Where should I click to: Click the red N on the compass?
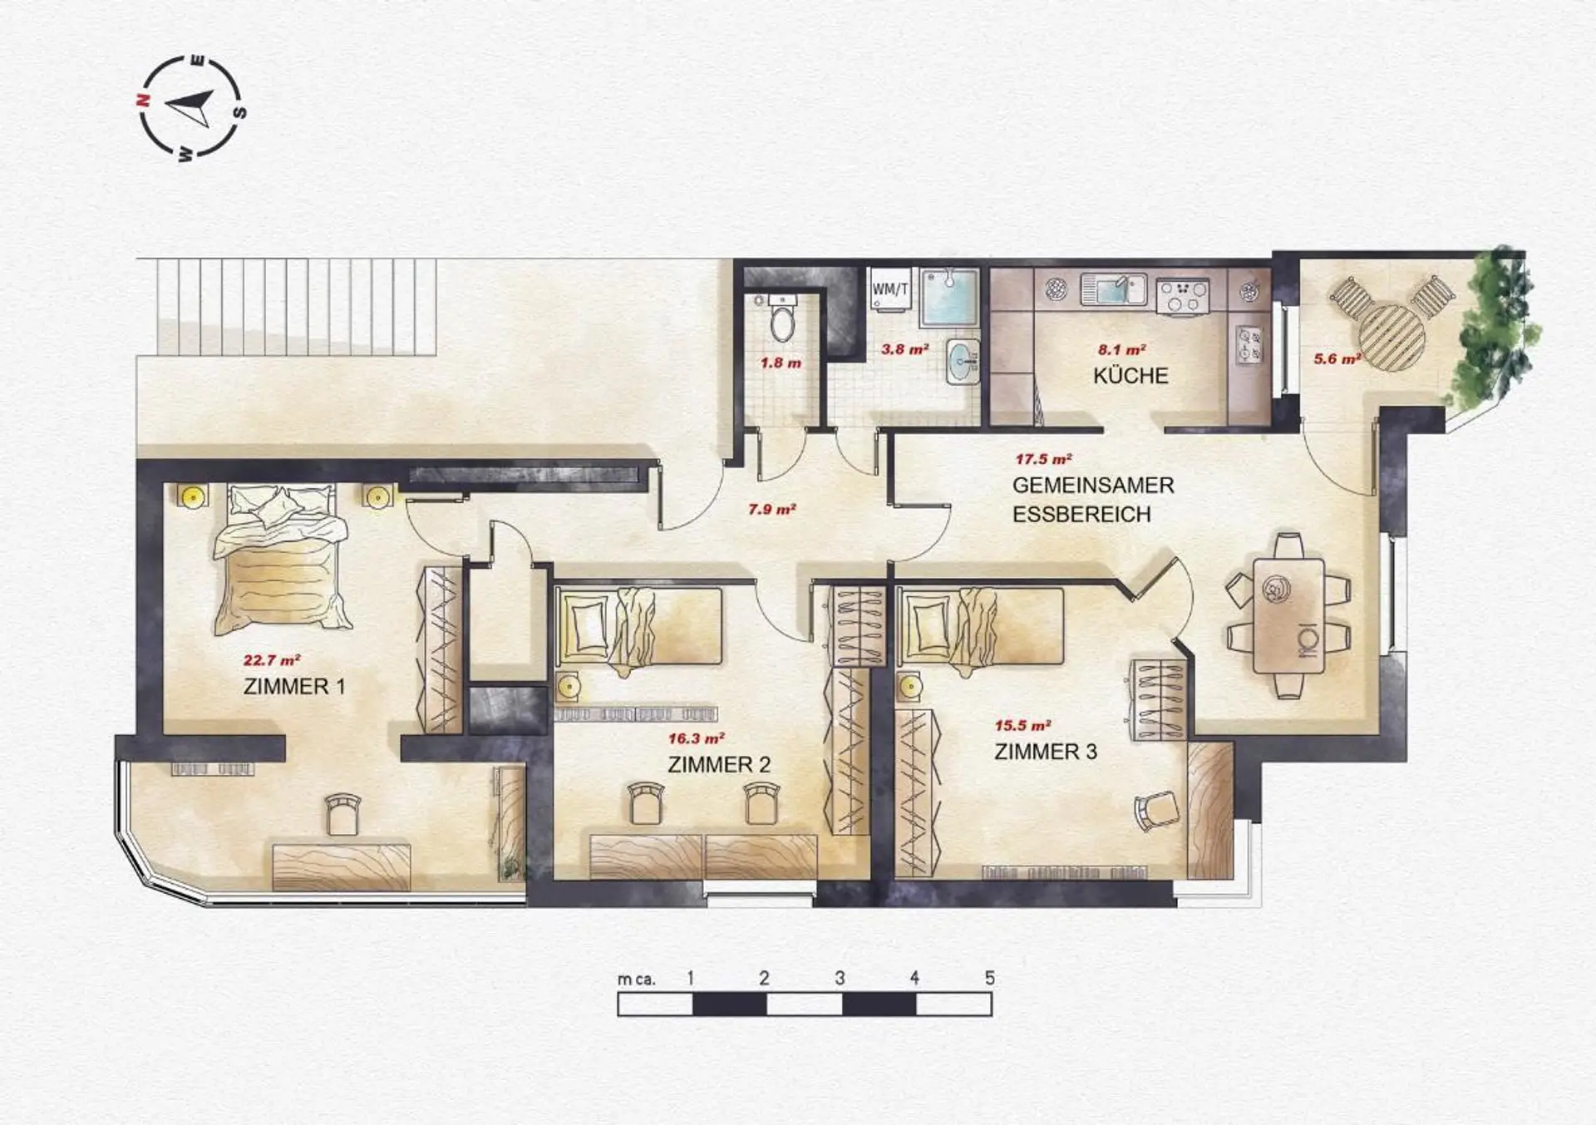tap(143, 100)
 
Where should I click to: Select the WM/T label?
tap(889, 289)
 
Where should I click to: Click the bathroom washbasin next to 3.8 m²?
tap(963, 362)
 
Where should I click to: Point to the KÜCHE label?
tap(1130, 376)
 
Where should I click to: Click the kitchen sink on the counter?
tap(1114, 290)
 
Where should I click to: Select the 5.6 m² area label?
tap(1337, 359)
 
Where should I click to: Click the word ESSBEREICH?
tap(1081, 515)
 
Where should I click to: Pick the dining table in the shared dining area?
tap(1288, 615)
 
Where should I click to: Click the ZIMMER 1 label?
tap(294, 687)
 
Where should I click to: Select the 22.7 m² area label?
tap(271, 661)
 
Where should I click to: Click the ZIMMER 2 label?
tap(719, 765)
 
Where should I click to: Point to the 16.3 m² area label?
tap(696, 738)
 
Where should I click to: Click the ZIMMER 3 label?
tap(1046, 752)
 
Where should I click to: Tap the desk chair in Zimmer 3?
tap(1158, 810)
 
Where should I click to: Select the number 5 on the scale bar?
tap(989, 978)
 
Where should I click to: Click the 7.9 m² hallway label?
tap(772, 509)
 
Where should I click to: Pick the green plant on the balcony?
tap(1494, 333)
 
